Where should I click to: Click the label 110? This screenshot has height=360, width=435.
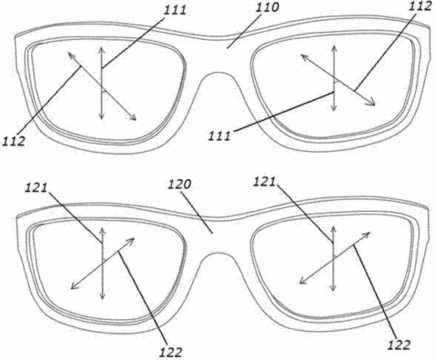point(267,7)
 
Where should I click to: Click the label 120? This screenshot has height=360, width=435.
point(179,184)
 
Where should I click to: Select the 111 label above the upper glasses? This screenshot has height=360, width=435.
point(175,10)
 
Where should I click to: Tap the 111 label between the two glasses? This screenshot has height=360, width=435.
point(219,136)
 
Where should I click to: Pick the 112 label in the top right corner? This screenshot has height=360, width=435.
point(421,6)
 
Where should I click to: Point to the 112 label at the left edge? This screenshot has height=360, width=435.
point(13,142)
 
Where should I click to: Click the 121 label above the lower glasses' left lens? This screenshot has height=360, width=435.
point(36,188)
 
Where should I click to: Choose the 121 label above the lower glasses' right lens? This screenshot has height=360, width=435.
point(264,182)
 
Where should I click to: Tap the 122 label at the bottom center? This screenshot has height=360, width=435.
point(170,353)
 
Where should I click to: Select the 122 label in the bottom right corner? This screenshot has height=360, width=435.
point(398,345)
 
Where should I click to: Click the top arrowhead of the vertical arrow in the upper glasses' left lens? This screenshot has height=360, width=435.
point(102,50)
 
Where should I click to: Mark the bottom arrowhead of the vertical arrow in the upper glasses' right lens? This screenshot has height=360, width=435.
point(334,108)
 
